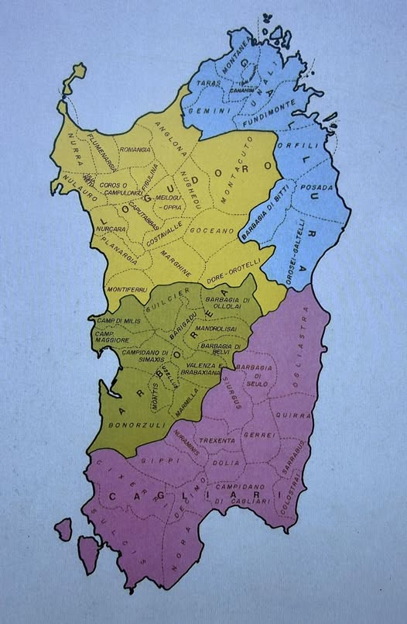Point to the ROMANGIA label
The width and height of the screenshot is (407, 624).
135,150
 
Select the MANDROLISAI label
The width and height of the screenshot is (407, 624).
221,329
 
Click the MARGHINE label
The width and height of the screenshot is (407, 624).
176,263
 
